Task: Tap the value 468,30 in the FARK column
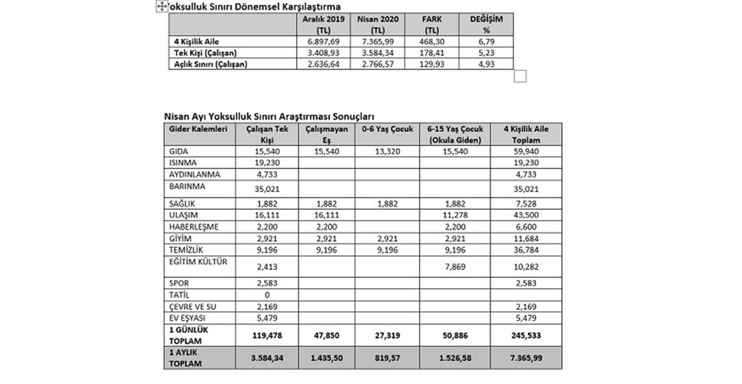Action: click(x=432, y=42)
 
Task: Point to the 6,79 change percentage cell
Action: click(x=485, y=42)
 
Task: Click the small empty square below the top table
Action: click(x=520, y=77)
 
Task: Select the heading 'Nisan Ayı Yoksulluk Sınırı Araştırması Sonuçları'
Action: click(x=269, y=116)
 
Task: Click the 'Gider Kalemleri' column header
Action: click(x=198, y=129)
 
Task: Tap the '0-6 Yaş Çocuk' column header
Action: click(x=388, y=129)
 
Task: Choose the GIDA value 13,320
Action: click(x=388, y=152)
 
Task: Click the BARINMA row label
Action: click(x=186, y=187)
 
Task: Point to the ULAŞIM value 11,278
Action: click(x=455, y=215)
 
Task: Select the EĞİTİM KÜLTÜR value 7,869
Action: click(x=455, y=266)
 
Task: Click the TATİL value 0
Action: click(x=267, y=295)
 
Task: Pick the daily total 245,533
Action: click(x=526, y=335)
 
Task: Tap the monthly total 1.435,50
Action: click(x=326, y=358)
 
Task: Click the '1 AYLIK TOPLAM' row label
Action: click(x=185, y=358)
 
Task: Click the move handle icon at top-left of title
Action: click(x=161, y=6)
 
